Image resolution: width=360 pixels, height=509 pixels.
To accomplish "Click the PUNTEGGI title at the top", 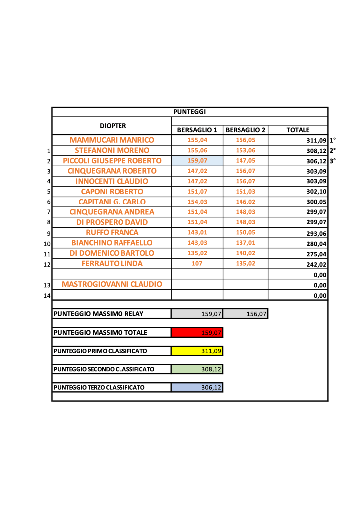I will click(x=189, y=112).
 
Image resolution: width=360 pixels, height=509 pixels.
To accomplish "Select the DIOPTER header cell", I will click(x=112, y=126).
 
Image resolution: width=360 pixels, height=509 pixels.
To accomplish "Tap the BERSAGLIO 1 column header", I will click(x=197, y=130).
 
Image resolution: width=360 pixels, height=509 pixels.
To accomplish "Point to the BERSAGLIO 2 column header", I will click(x=245, y=130).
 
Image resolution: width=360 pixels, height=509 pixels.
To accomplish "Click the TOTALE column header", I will click(x=298, y=130).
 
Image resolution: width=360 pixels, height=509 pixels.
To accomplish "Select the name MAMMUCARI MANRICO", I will click(x=112, y=140).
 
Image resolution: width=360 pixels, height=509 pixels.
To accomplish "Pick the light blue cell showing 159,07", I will click(x=197, y=161).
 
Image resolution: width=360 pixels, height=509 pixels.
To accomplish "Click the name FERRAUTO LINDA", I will click(x=112, y=264).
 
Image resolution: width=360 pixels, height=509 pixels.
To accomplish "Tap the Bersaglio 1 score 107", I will click(x=197, y=264).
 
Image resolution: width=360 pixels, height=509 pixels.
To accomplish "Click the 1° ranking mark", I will click(x=333, y=140).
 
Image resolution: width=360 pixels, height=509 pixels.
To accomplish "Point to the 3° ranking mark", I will click(x=333, y=161).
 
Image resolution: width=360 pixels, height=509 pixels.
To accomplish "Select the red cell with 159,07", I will click(x=197, y=332).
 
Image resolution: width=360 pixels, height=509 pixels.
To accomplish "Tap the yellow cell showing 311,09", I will click(x=197, y=351).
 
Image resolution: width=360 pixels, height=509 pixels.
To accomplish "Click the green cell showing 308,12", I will click(x=197, y=369).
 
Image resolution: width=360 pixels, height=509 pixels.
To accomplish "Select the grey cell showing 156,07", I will click(x=245, y=314).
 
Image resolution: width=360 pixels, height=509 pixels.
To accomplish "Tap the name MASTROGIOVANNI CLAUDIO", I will click(x=112, y=284).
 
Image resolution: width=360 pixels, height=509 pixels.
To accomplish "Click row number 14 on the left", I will click(x=47, y=296).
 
